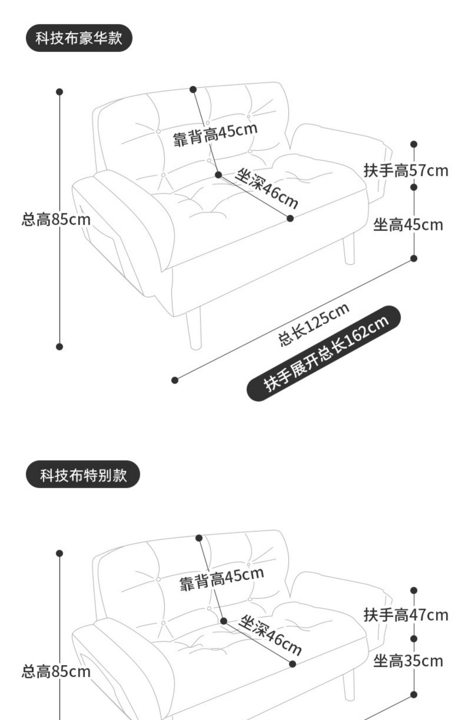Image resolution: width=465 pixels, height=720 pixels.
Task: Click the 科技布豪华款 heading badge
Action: (x=79, y=38)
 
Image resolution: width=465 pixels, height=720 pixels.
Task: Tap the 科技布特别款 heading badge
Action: (x=83, y=474)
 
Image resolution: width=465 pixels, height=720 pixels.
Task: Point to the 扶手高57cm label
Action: (x=406, y=171)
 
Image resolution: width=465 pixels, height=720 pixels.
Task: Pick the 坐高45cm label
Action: (x=408, y=224)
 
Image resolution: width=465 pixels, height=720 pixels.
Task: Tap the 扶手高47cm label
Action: (x=406, y=615)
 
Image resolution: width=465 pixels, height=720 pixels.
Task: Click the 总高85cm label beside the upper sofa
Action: (x=56, y=220)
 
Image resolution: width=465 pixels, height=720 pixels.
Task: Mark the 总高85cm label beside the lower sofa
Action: (x=56, y=672)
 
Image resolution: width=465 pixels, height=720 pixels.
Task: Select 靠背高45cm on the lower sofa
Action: (x=222, y=579)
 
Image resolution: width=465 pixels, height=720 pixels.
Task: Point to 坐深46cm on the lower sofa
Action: (x=270, y=635)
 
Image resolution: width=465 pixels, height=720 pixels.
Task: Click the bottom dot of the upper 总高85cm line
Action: (x=60, y=347)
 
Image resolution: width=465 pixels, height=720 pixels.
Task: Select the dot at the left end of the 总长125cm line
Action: (x=175, y=380)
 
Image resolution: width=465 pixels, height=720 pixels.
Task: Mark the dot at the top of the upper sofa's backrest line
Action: (x=193, y=90)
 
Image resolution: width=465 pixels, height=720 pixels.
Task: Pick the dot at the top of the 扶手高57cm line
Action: (x=414, y=144)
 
